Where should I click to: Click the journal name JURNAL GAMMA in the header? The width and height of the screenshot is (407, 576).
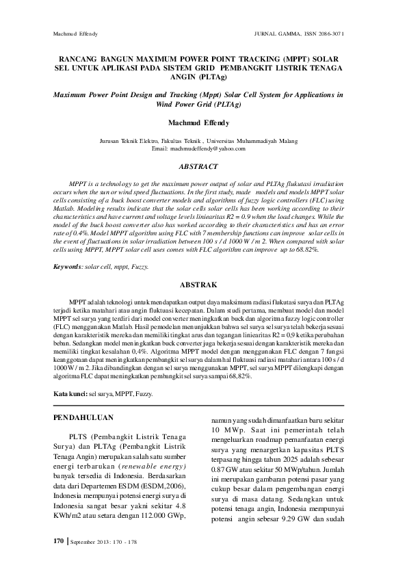click(x=274, y=33)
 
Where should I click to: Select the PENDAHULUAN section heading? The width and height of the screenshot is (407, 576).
click(x=84, y=417)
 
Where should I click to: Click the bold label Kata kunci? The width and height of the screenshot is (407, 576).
click(x=70, y=394)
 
